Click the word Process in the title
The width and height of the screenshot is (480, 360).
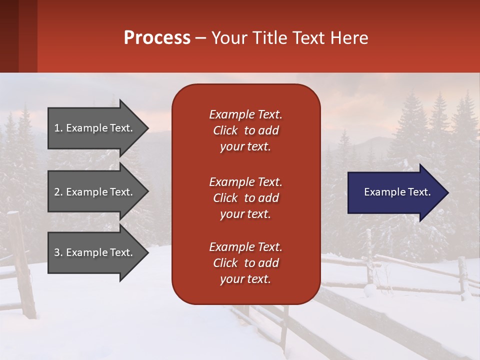coord(157,38)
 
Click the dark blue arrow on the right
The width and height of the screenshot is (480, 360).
coord(395,192)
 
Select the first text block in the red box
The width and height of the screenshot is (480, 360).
coord(245,130)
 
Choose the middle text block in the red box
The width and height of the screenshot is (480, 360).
coord(245,198)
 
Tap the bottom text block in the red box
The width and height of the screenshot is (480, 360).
coord(245,263)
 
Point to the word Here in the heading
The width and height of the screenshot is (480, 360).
coord(349,38)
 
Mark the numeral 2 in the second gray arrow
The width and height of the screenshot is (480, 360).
coord(57,192)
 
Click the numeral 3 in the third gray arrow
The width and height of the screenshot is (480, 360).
coord(57,252)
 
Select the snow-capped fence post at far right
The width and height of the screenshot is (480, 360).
coord(462,277)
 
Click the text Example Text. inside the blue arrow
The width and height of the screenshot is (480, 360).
coord(397,192)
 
